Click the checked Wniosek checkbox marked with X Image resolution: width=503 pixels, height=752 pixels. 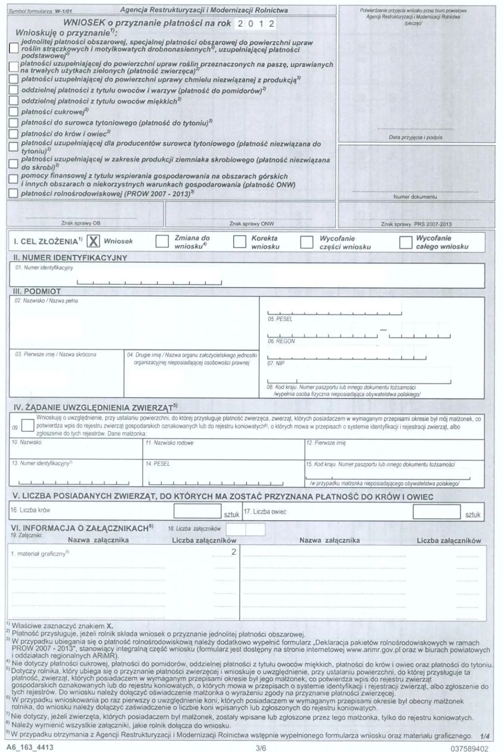[94, 241]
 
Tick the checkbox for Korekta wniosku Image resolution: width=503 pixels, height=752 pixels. [240, 242]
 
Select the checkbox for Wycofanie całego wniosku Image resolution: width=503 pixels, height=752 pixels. [406, 242]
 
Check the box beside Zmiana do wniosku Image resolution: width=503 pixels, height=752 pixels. [162, 242]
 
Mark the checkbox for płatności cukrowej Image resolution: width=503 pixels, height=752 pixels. [14, 111]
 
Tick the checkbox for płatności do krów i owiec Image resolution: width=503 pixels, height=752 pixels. [14, 134]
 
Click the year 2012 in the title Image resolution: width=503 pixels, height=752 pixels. [256, 23]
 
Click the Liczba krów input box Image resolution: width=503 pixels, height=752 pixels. [197, 511]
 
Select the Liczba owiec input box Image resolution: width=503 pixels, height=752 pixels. [436, 512]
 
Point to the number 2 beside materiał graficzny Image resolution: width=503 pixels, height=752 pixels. [234, 552]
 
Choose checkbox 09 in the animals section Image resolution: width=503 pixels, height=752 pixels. [28, 425]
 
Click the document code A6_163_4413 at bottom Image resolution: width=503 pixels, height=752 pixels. [30, 747]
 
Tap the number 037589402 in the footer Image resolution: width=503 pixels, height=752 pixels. [469, 748]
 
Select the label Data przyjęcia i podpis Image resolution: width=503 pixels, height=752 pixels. [416, 137]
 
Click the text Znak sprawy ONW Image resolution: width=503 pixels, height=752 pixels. [251, 224]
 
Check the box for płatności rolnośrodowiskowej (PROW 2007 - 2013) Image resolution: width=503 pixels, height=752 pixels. [14, 193]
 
